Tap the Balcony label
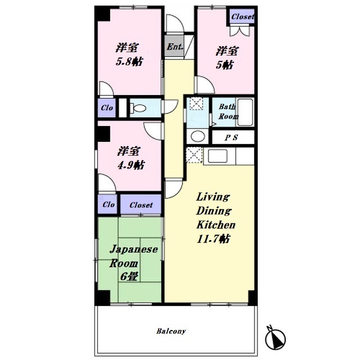(171, 331)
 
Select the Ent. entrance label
(175, 47)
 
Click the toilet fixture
(138, 107)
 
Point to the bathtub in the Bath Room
(245, 112)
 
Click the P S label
(231, 137)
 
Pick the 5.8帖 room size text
(129, 62)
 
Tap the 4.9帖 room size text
(131, 165)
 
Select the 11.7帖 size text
(214, 239)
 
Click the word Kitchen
(216, 225)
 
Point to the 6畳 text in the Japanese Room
(129, 277)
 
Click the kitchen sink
(218, 156)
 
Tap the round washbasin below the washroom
(197, 136)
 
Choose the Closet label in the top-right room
(242, 16)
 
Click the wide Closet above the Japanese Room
(141, 204)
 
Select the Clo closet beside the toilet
(107, 107)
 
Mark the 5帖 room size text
(225, 65)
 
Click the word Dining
(214, 211)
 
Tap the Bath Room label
(228, 111)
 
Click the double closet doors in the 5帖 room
(240, 31)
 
